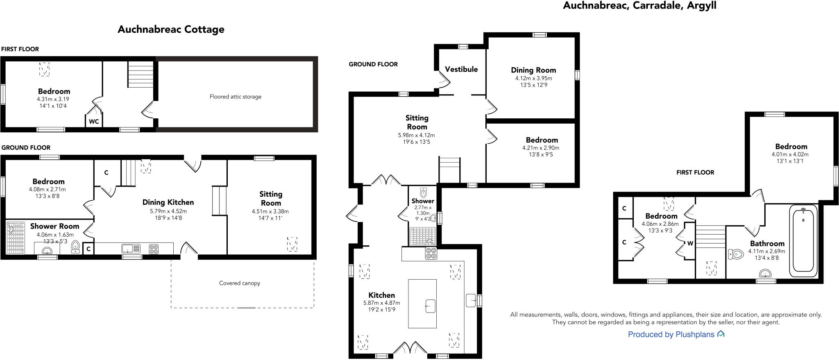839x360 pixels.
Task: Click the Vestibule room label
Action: tap(461, 69)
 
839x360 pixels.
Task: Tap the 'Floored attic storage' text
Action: tap(236, 97)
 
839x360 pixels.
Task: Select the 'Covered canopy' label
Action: tap(240, 283)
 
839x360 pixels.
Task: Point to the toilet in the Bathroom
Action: tap(736, 254)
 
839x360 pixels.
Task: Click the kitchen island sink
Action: tap(430, 306)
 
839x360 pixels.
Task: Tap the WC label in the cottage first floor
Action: tap(94, 122)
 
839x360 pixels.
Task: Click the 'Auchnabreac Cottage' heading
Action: tap(171, 29)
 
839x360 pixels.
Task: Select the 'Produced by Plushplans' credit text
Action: tap(671, 335)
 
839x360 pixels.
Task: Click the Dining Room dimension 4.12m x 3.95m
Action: tap(533, 78)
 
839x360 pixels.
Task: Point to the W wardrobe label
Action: tap(690, 243)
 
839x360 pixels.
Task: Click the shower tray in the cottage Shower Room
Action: tap(16, 238)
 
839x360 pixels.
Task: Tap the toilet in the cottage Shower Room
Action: tap(75, 247)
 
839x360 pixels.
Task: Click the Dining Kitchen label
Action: tap(168, 202)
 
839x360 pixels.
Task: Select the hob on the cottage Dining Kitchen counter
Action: tap(154, 249)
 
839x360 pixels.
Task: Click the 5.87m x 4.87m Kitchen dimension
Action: tap(381, 303)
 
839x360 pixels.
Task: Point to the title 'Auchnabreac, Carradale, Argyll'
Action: tap(639, 6)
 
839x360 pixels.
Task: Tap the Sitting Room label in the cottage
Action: tap(271, 199)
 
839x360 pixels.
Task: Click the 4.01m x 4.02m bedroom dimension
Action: tap(790, 154)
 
